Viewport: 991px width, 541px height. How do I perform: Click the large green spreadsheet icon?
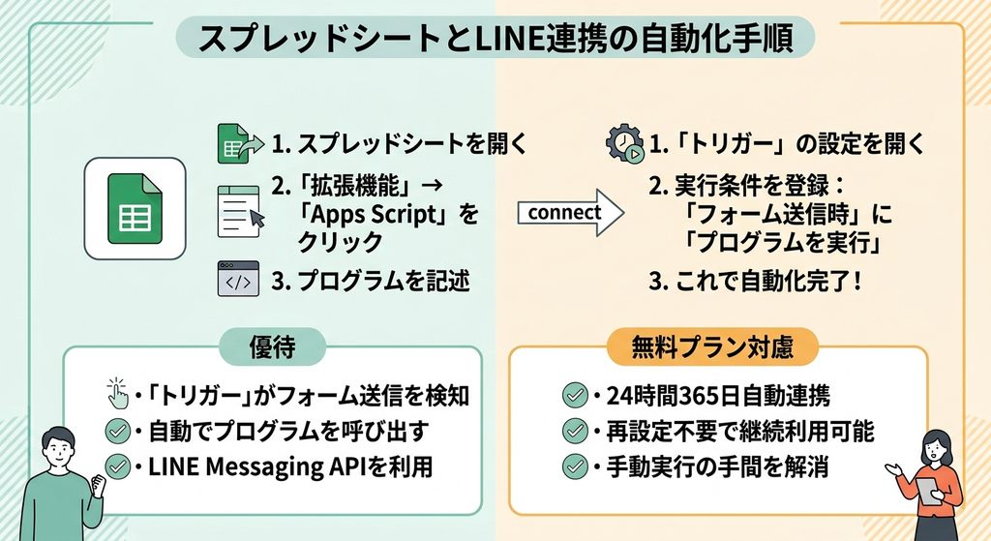click(x=135, y=209)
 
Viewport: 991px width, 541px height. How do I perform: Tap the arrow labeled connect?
click(x=570, y=213)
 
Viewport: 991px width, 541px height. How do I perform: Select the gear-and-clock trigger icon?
click(x=625, y=143)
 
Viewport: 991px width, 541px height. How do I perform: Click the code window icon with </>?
click(x=238, y=280)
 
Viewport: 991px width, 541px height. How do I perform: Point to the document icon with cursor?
click(x=241, y=212)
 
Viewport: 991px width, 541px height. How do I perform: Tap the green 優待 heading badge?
click(x=272, y=347)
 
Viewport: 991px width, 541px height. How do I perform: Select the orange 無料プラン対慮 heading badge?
click(x=712, y=347)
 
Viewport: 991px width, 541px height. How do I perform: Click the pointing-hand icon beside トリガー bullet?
click(x=117, y=394)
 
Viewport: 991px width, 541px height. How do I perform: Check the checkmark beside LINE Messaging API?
click(x=117, y=467)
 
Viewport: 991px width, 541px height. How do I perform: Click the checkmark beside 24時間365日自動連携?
click(x=575, y=395)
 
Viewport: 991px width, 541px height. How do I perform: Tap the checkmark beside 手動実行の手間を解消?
click(x=575, y=467)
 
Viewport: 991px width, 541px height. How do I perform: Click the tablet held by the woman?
click(x=928, y=491)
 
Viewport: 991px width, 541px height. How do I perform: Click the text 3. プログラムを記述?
click(x=371, y=281)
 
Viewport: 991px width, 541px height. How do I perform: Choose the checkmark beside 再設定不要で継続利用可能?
click(x=575, y=431)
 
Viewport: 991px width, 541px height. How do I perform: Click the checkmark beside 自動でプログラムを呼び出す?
click(x=117, y=431)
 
